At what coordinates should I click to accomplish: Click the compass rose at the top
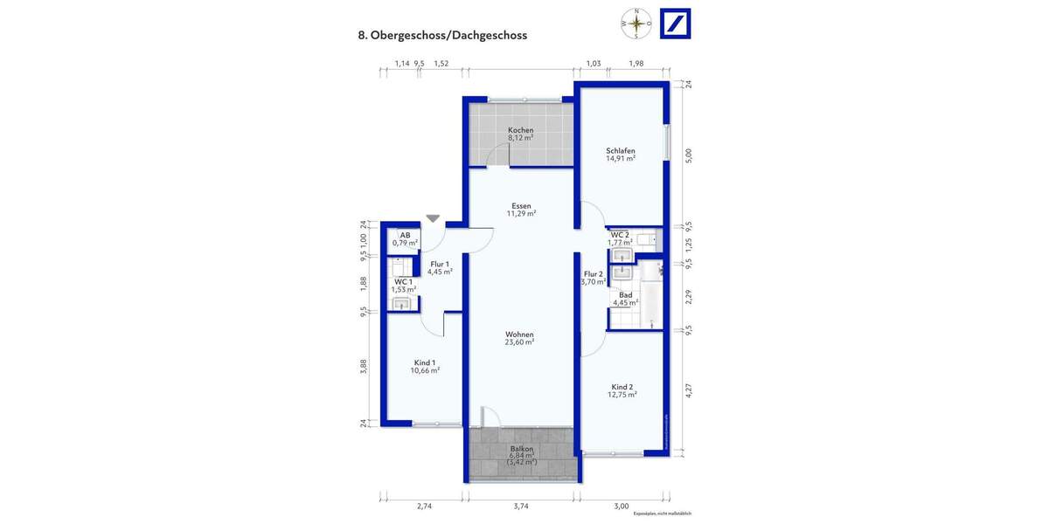point(636,24)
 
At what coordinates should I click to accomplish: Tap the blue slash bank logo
point(674,24)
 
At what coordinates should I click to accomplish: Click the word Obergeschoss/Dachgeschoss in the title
point(448,36)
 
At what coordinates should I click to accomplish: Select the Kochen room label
point(520,130)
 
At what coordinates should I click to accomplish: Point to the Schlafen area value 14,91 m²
point(620,159)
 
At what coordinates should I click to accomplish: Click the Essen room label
point(520,206)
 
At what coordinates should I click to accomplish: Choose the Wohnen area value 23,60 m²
point(519,342)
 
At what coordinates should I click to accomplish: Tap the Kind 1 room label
point(425,362)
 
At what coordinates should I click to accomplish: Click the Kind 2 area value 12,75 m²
point(622,395)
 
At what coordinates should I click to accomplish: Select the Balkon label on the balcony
point(521,449)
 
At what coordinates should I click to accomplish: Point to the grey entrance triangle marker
point(433,218)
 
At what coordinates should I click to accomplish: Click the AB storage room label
point(405,235)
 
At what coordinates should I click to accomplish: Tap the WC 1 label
point(403,281)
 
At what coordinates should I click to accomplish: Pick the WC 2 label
point(619,235)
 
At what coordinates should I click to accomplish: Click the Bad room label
point(625,295)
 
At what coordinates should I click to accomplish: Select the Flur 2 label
point(594,274)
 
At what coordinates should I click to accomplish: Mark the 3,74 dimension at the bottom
point(521,507)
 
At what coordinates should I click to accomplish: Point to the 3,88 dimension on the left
point(364,368)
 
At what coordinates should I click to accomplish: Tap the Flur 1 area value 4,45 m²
point(439,272)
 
